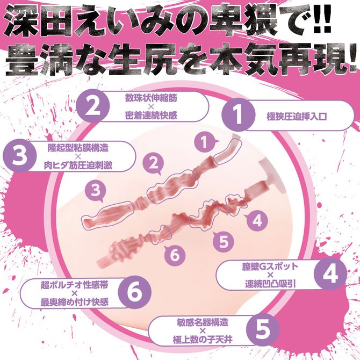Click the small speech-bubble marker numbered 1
point(203,143)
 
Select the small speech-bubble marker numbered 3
point(96,190)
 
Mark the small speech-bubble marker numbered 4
point(256,220)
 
